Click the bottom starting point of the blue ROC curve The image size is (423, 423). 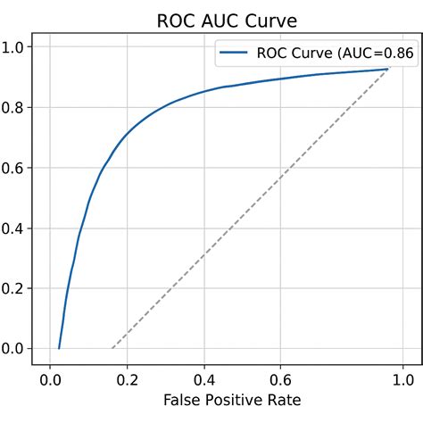[59, 348]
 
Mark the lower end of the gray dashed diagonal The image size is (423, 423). [112, 348]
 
